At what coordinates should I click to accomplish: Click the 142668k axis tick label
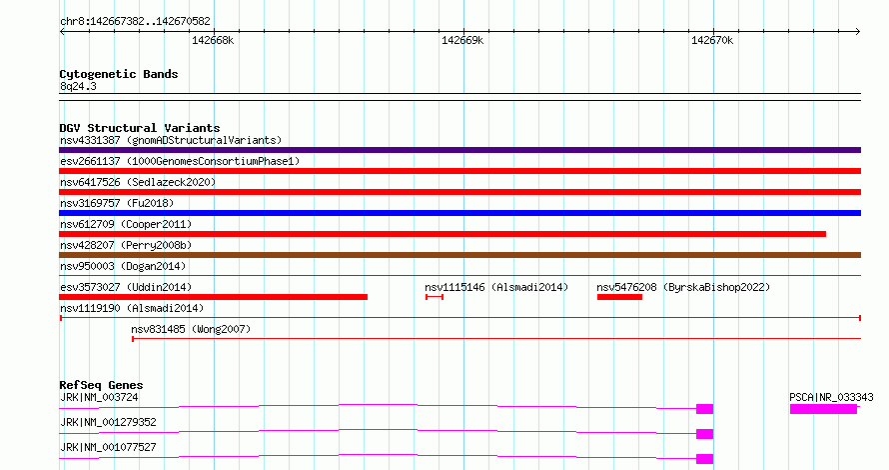(213, 40)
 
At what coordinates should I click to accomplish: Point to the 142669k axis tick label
(462, 40)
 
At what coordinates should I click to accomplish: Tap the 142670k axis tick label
(712, 40)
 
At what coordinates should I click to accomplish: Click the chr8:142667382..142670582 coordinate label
(135, 22)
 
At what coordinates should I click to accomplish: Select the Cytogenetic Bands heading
(119, 74)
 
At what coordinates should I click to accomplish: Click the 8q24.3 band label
(78, 86)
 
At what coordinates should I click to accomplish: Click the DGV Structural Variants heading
(140, 128)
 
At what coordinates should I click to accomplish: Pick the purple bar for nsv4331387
(459, 150)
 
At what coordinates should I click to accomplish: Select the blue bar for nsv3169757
(459, 213)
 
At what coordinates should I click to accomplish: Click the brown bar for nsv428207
(459, 255)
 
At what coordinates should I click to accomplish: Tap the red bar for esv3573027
(213, 297)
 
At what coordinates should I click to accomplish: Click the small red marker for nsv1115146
(435, 297)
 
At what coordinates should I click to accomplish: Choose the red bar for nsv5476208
(619, 297)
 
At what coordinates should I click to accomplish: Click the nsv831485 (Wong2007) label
(191, 329)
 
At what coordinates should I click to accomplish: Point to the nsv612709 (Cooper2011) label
(126, 224)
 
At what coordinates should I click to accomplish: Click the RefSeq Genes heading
(101, 385)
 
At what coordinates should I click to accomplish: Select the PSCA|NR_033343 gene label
(831, 397)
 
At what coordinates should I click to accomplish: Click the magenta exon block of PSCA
(823, 409)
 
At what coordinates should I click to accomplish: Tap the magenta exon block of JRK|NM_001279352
(705, 434)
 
